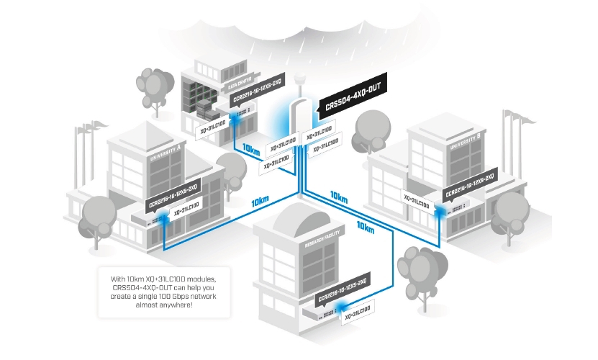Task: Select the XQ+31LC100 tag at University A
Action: click(x=181, y=209)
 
